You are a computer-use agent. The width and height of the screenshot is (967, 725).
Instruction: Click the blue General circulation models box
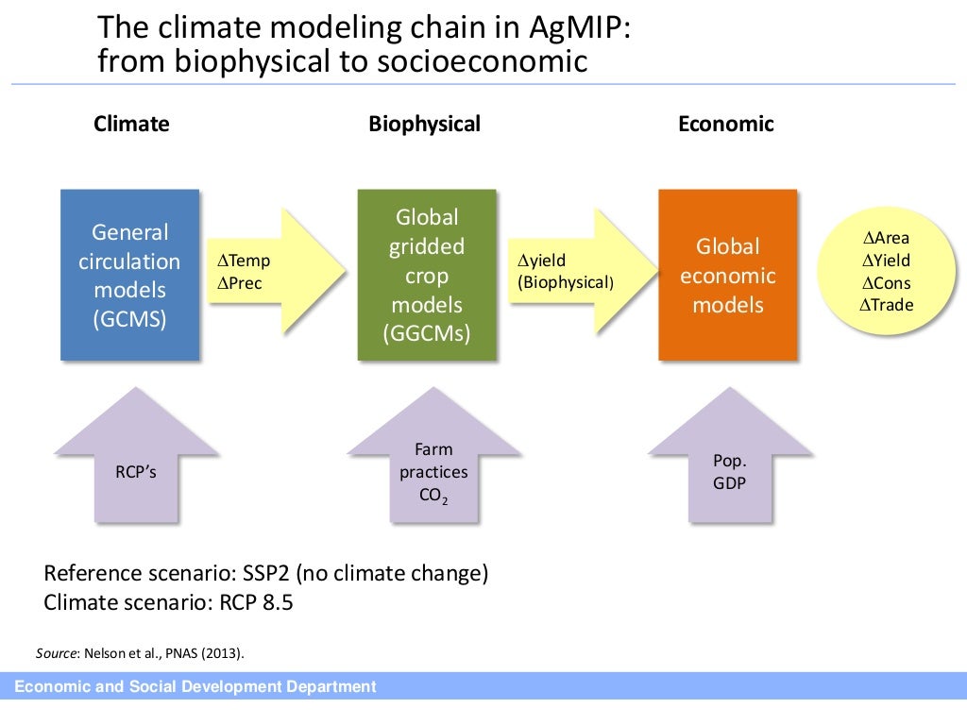129,275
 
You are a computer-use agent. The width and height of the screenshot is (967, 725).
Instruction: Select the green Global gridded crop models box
426,275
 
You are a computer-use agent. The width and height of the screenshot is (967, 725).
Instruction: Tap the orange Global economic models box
727,275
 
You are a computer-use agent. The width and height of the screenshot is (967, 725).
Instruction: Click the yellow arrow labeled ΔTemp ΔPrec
274,272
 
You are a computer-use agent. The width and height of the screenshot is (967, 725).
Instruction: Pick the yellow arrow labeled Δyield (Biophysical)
577,272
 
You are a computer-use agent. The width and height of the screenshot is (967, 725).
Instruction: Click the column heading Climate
131,124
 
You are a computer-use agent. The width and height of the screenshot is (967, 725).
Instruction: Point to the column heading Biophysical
424,124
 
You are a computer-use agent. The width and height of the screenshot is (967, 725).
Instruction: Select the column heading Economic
725,124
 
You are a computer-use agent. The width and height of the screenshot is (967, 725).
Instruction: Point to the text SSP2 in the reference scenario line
296,574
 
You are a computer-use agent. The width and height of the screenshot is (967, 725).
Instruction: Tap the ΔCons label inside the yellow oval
885,283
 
